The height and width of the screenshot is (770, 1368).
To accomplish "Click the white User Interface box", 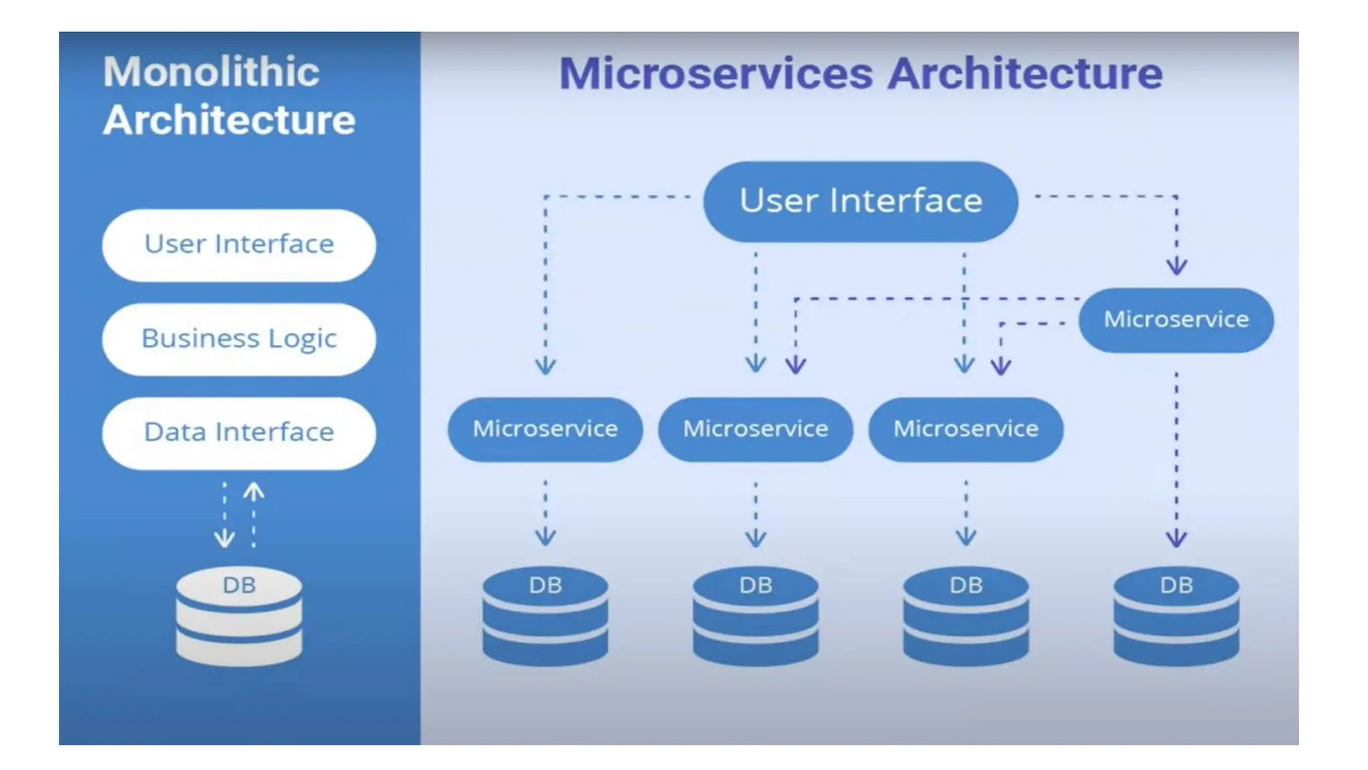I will point(238,245).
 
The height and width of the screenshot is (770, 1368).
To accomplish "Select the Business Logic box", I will point(238,339).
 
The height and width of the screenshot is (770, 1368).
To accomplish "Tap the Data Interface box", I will point(238,432).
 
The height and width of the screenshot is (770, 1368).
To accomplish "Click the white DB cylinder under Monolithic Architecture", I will point(238,616).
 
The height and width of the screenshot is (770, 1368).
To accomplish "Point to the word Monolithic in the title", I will point(211,72).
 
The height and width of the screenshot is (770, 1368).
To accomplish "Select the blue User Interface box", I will point(860,201).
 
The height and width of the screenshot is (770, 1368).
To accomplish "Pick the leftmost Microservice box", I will point(545,429).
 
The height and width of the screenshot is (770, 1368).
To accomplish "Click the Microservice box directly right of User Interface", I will point(1176,319).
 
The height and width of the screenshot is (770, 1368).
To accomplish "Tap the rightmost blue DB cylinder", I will point(1176,616).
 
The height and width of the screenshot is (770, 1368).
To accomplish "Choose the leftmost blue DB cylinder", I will point(545,616).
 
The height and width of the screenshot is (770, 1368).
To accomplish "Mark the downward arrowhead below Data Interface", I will point(224,539).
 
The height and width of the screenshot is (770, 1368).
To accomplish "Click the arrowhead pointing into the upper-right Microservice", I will point(1176,267).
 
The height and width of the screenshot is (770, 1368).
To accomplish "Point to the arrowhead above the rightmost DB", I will point(1176,539).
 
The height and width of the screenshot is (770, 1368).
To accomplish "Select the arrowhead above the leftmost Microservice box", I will point(545,366).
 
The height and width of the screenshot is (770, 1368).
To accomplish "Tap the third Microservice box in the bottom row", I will point(965,429).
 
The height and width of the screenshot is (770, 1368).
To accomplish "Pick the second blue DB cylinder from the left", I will point(755,616).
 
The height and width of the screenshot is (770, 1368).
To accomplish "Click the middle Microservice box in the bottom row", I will point(755,429).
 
